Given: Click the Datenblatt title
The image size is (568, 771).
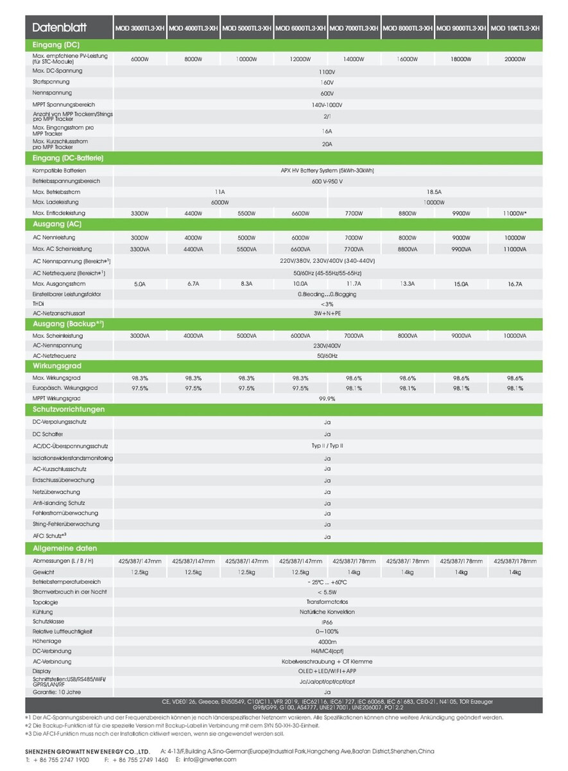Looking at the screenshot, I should [59, 28].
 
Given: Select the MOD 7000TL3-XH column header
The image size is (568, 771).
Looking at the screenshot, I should [354, 28].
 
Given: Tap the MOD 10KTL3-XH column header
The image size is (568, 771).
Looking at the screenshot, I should [515, 28].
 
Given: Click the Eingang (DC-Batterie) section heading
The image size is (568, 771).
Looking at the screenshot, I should [68, 158].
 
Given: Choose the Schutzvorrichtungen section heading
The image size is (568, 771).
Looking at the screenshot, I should [69, 409].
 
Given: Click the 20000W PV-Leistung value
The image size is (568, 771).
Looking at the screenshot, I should [515, 59].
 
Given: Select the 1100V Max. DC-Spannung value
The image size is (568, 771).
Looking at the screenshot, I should [327, 71].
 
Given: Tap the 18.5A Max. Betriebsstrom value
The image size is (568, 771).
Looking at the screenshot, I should [435, 192].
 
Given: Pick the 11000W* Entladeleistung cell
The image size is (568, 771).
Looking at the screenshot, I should [515, 213].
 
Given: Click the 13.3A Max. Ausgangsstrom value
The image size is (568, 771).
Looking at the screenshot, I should [408, 283].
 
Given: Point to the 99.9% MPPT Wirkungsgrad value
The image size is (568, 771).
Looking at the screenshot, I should [327, 399].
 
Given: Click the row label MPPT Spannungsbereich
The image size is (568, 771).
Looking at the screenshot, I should [64, 104].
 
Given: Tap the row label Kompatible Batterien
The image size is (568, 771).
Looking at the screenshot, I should [59, 171].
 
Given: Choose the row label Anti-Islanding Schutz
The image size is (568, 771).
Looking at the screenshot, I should [58, 503].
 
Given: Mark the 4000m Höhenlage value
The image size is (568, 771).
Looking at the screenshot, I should [327, 641].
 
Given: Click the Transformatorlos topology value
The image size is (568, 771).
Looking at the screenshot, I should [327, 602].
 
